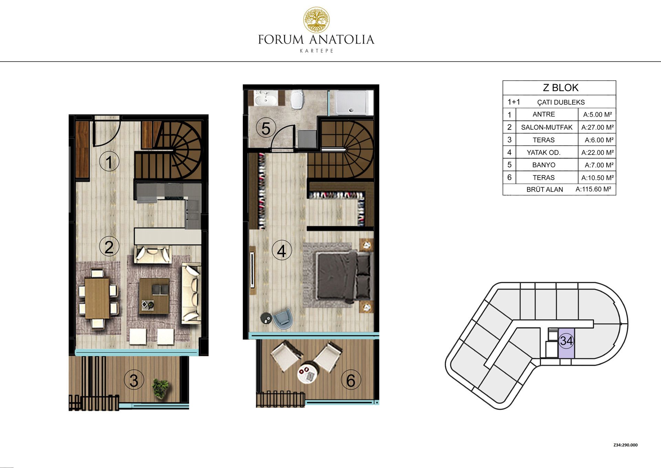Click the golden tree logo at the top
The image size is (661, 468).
click(x=316, y=20)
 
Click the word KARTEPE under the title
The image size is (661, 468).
click(x=317, y=51)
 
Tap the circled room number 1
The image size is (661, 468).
click(x=109, y=162)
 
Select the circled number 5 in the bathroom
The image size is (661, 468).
click(x=266, y=129)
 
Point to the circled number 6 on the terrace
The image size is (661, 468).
click(x=351, y=380)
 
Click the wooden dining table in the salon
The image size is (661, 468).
click(x=97, y=298)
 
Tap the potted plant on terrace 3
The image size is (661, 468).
click(x=160, y=388)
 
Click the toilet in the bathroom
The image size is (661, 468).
click(x=296, y=100)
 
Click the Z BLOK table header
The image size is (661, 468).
click(x=560, y=88)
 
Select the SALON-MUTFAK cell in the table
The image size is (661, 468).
click(x=547, y=127)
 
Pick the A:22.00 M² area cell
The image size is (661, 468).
click(x=597, y=152)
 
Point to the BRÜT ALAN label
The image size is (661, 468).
click(x=545, y=189)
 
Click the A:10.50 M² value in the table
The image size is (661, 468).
click(x=597, y=177)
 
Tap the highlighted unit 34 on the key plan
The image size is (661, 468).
click(x=566, y=344)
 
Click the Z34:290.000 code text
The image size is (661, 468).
click(x=625, y=445)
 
